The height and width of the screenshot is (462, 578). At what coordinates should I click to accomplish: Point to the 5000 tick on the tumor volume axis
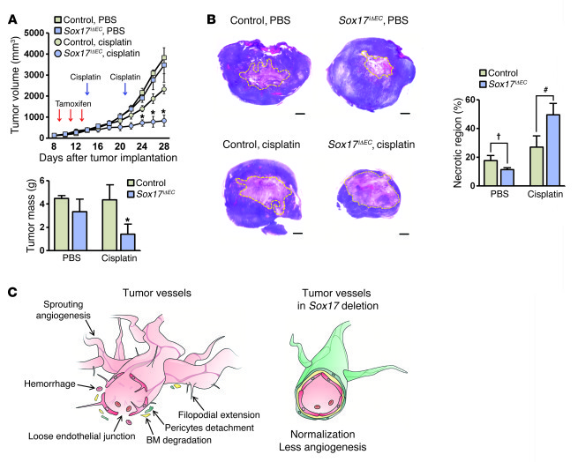coord(41,34)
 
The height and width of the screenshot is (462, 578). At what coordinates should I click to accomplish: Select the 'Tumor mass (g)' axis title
coord(15,223)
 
